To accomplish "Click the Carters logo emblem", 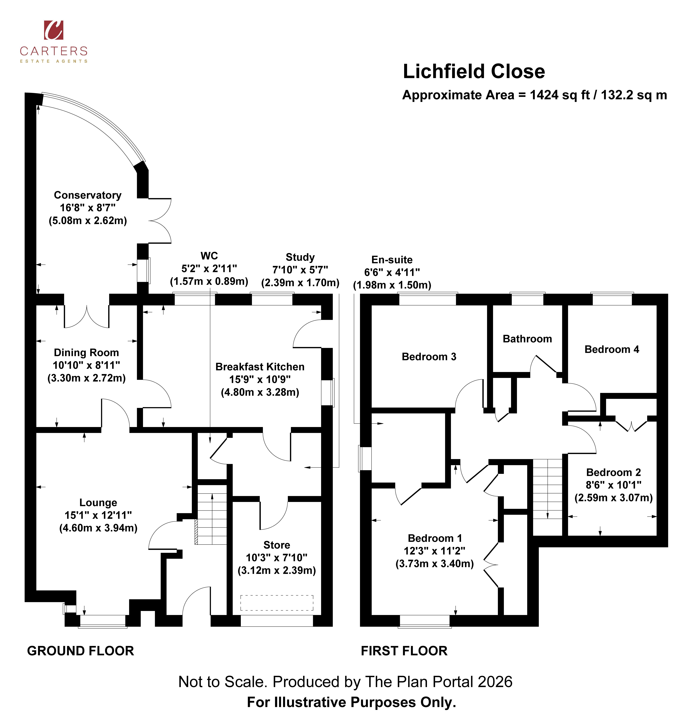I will coord(54,30).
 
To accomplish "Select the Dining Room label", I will coord(86,353).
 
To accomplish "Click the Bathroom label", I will coord(527,339).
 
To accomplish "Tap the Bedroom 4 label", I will coord(612,349).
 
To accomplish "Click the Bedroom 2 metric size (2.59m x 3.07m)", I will coord(613,498).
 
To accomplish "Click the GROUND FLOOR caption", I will coord(80,651).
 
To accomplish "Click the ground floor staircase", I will coord(212,514).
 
